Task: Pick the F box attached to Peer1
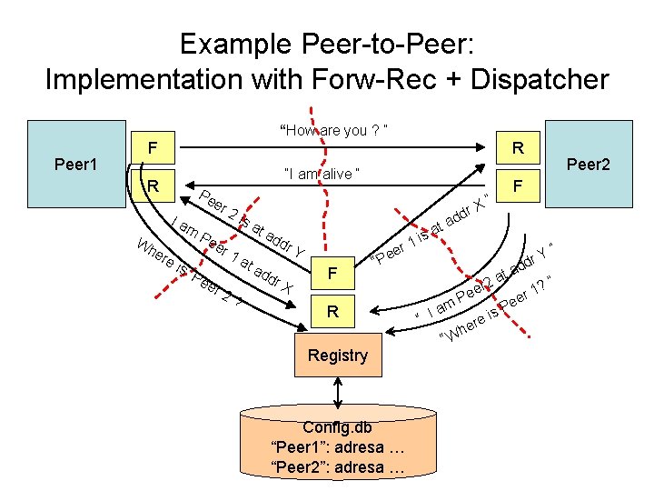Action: (x=154, y=145)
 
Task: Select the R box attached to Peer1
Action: (x=154, y=187)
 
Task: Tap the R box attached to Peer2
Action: (x=517, y=146)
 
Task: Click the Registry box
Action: (x=337, y=356)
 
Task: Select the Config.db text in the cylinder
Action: (x=337, y=427)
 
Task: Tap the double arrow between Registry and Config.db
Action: (x=338, y=392)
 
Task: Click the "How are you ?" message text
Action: (x=336, y=131)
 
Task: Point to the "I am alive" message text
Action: (x=323, y=174)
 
